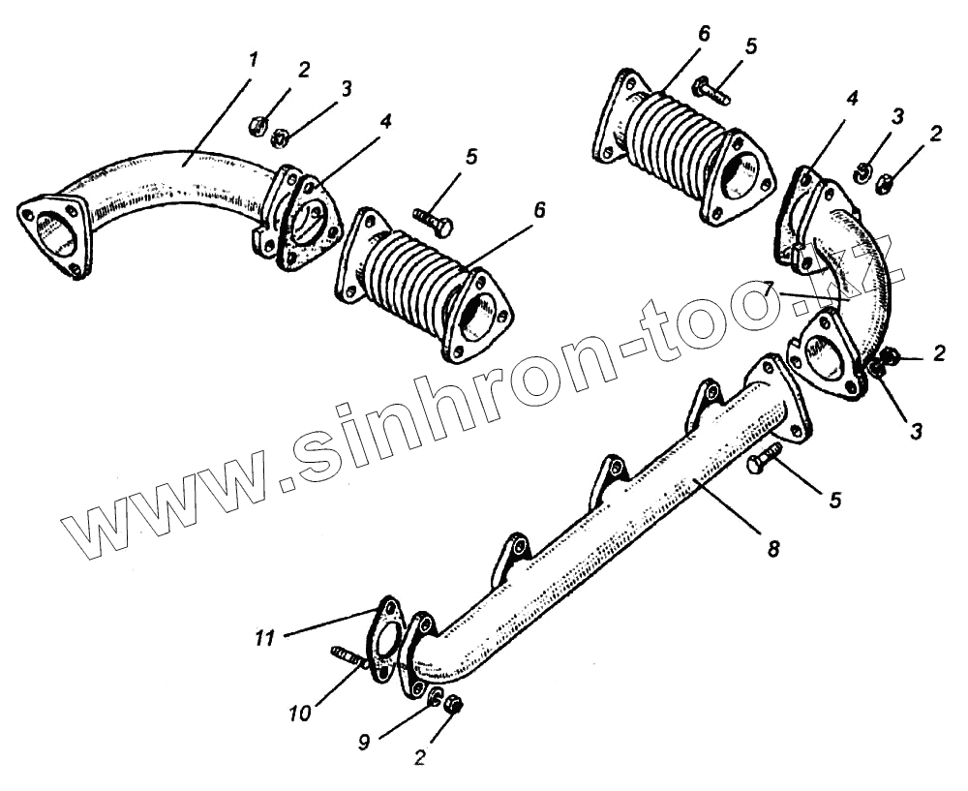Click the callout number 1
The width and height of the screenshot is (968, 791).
(x=253, y=60)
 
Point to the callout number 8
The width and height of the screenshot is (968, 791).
(x=772, y=548)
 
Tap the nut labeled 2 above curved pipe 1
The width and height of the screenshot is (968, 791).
(x=259, y=125)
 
